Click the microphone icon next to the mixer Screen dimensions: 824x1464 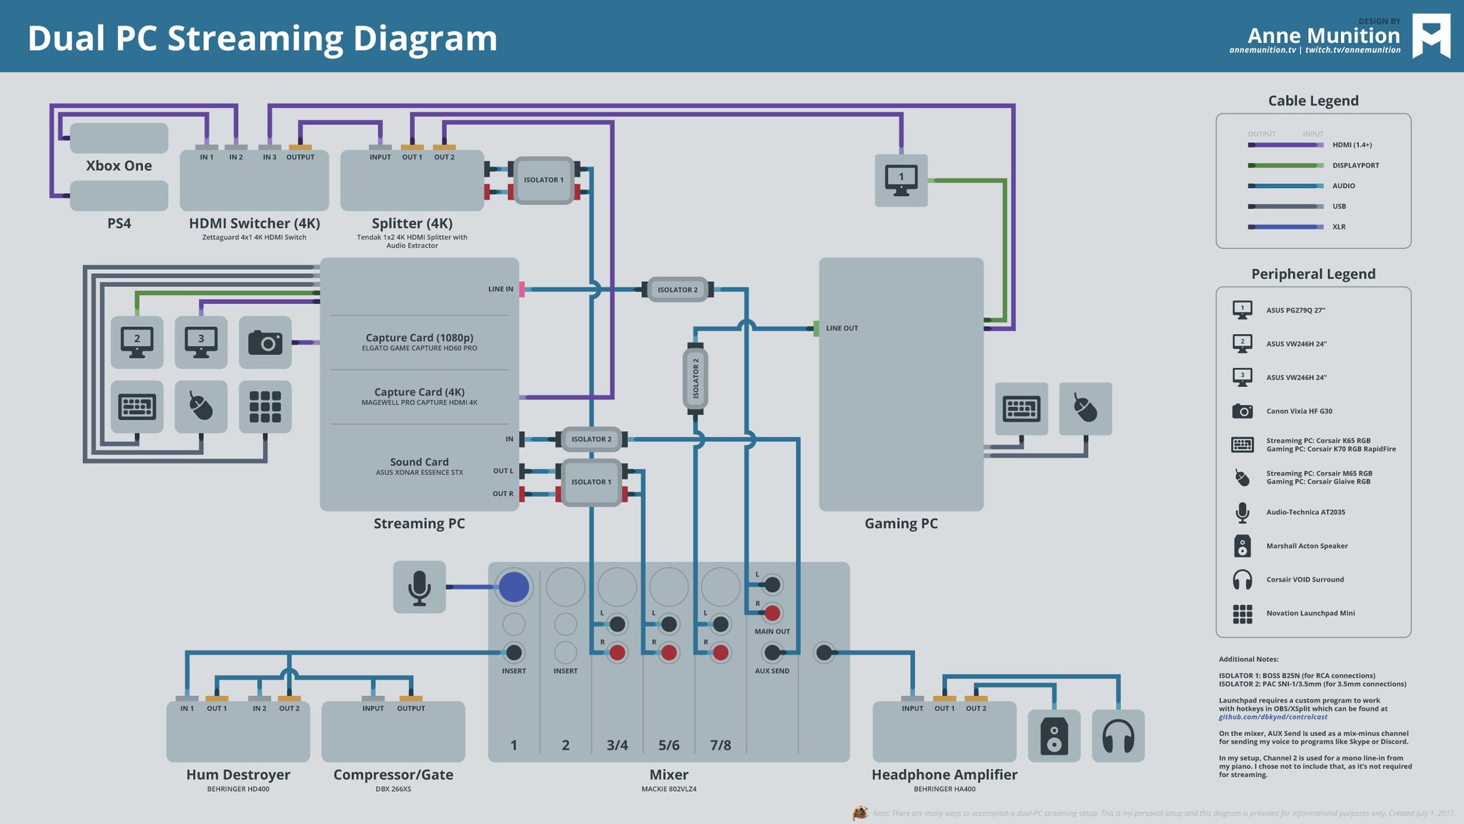coord(419,587)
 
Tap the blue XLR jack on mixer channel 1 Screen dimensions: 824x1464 coord(514,587)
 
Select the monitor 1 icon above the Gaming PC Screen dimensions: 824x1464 coord(901,180)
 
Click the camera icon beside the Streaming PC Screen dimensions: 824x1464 coord(265,343)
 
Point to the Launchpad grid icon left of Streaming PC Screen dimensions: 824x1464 coord(265,406)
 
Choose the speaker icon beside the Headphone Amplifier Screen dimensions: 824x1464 coord(1054,736)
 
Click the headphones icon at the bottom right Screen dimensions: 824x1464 coord(1118,736)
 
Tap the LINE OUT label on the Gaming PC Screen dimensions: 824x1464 coord(842,328)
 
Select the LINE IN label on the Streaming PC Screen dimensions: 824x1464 coord(500,289)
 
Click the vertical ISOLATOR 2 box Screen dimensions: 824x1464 coord(696,378)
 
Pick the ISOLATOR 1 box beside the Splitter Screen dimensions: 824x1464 coord(544,180)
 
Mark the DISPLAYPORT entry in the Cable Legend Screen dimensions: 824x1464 coord(1355,165)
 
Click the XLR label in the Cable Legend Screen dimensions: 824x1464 coord(1339,227)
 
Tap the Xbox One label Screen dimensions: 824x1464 coord(119,165)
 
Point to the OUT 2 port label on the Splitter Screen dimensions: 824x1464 coord(444,157)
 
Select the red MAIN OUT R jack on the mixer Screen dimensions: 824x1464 coord(772,613)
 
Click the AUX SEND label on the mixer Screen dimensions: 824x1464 coord(772,671)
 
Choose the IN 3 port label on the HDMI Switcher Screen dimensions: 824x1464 coord(269,157)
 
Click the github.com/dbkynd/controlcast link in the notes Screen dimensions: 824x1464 coord(1272,717)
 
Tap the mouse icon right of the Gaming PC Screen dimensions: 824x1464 coord(1085,409)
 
